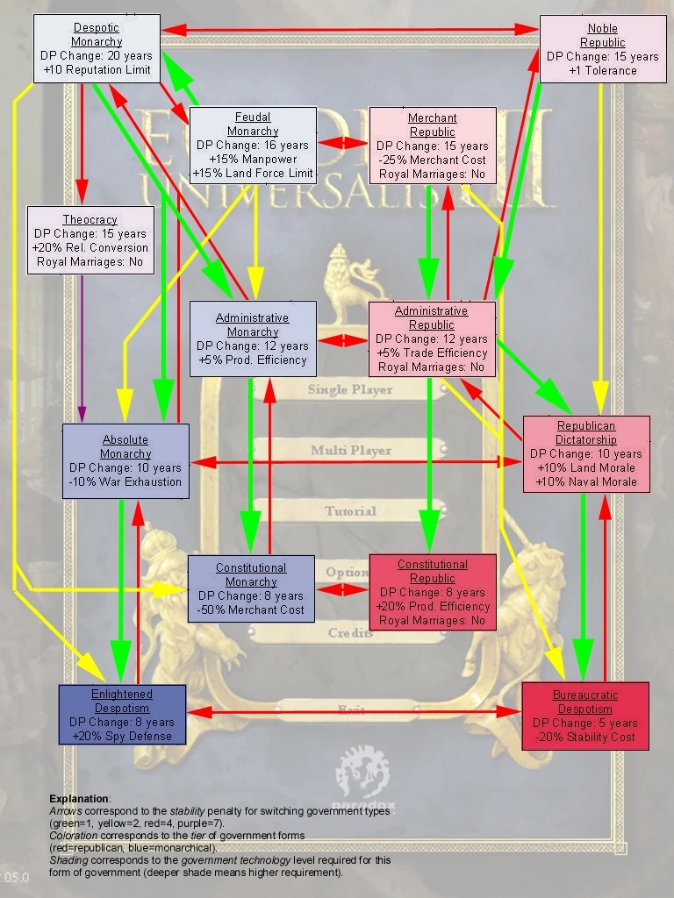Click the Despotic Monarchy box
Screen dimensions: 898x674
point(97,48)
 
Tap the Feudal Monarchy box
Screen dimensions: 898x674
point(253,146)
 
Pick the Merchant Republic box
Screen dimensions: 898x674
point(433,146)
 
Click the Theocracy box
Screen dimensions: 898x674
point(90,239)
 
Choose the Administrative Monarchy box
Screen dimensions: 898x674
point(253,339)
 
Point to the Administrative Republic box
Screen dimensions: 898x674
point(432,339)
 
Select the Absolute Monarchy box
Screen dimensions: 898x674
point(125,460)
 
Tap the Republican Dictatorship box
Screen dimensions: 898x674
point(586,453)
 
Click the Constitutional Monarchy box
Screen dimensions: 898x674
point(251,588)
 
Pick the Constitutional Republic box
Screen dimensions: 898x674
point(433,592)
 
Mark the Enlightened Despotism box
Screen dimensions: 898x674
point(123,715)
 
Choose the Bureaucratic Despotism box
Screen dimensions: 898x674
point(585,716)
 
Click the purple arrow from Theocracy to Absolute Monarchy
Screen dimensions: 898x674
point(82,351)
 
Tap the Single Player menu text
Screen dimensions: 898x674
point(350,389)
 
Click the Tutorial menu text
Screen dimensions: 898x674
point(350,510)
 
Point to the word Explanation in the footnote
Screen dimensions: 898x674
point(79,799)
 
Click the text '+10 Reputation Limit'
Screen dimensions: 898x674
point(97,69)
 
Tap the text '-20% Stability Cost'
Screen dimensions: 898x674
point(585,738)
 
